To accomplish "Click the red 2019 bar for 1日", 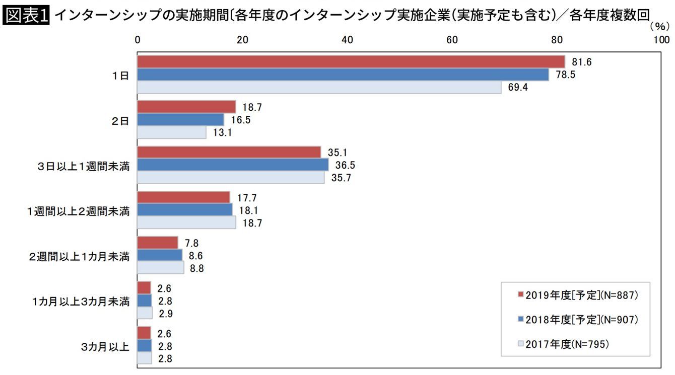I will click(x=351, y=61).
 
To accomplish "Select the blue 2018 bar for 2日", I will click(x=180, y=120).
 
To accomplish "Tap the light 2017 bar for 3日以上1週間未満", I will click(x=231, y=178).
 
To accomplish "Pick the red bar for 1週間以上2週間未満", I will click(x=183, y=197).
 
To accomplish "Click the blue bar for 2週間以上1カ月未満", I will click(x=160, y=255).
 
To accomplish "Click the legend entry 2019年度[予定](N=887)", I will click(x=578, y=295).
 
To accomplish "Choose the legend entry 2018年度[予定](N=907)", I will click(x=578, y=319).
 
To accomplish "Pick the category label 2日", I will click(x=121, y=120).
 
